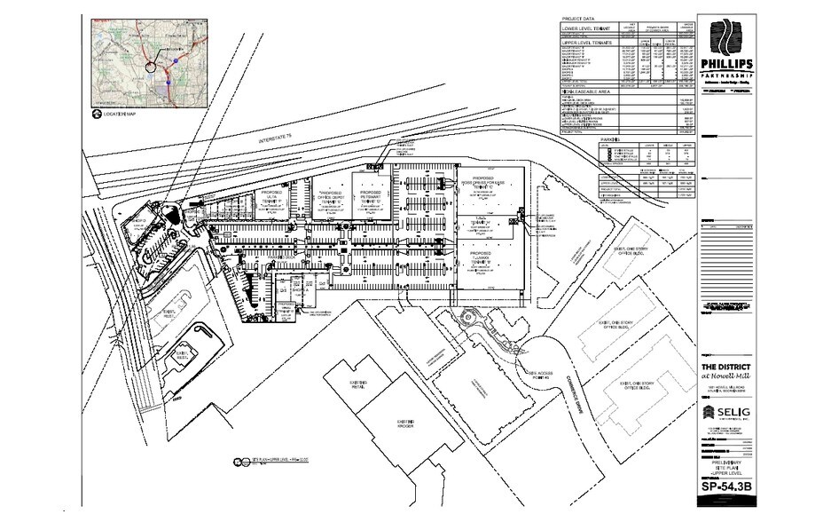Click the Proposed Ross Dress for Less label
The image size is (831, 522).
point(482,184)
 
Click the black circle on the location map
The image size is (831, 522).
point(150,66)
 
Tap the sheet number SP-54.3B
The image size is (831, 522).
point(725,486)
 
